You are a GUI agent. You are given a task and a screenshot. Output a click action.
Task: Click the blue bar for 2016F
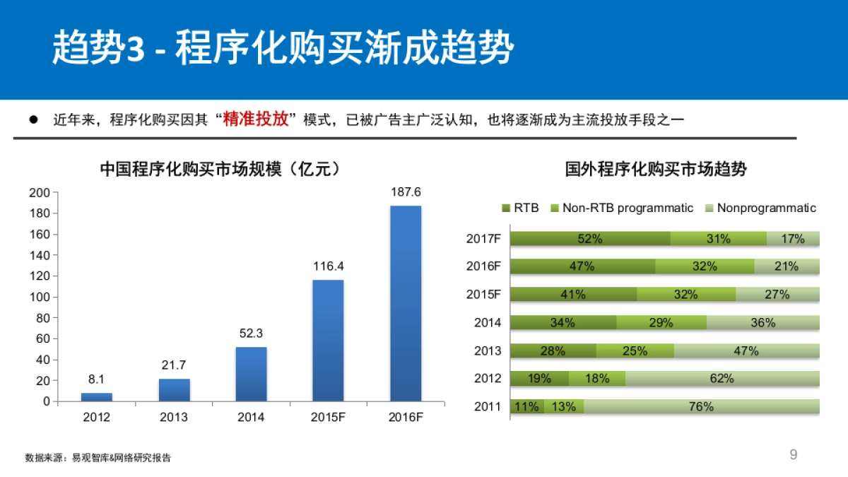tap(406, 303)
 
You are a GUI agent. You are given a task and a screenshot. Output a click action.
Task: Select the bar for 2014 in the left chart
tap(251, 374)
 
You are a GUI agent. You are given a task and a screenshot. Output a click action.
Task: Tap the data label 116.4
tap(329, 266)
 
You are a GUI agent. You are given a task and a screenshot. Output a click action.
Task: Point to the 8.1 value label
tap(96, 379)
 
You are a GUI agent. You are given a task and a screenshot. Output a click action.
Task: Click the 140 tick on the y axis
tap(40, 255)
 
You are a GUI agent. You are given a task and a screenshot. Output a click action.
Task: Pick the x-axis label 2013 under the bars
tap(174, 417)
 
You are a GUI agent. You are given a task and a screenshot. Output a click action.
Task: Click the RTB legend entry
tap(520, 208)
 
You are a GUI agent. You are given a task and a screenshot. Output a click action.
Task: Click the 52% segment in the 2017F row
tap(590, 239)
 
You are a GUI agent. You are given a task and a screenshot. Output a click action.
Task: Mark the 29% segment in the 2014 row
tap(661, 322)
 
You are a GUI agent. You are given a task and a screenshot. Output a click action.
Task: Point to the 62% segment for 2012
tap(722, 378)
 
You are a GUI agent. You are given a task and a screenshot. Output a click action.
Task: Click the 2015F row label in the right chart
tap(483, 295)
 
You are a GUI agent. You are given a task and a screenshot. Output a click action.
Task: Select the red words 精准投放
tap(256, 119)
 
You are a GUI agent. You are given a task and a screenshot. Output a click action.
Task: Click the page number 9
tap(793, 454)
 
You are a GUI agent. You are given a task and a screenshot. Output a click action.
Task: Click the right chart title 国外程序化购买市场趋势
tap(656, 170)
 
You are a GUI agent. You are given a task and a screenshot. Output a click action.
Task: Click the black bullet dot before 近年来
tap(33, 119)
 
